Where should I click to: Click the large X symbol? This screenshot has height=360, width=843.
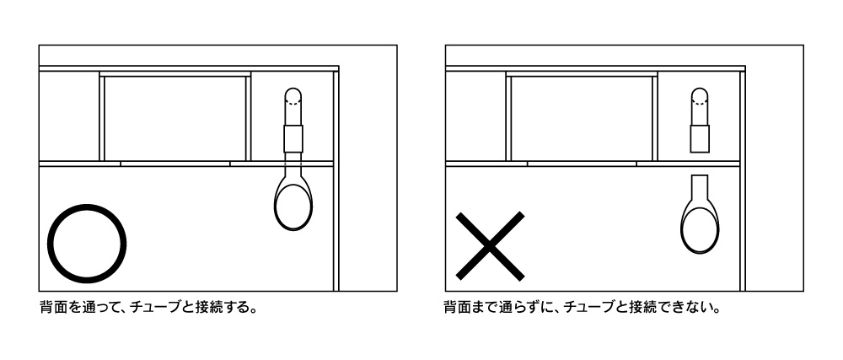pyautogui.click(x=490, y=246)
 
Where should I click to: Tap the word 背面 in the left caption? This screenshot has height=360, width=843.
pyautogui.click(x=52, y=309)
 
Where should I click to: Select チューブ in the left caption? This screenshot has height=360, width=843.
pyautogui.click(x=156, y=309)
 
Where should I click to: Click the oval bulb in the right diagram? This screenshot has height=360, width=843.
pyautogui.click(x=700, y=226)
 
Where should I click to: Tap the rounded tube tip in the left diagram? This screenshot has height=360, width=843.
pyautogui.click(x=293, y=95)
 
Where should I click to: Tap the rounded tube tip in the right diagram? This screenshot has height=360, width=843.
pyautogui.click(x=700, y=95)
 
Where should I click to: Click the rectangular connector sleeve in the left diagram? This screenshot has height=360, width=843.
pyautogui.click(x=293, y=138)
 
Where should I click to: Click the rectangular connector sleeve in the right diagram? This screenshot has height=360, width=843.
pyautogui.click(x=700, y=138)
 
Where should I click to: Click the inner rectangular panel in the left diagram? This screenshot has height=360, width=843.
pyautogui.click(x=175, y=118)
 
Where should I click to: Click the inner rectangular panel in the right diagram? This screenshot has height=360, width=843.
pyautogui.click(x=582, y=118)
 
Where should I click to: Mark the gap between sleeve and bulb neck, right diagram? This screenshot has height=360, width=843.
pyautogui.click(x=700, y=164)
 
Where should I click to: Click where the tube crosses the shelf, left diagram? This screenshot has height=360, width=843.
pyautogui.click(x=293, y=164)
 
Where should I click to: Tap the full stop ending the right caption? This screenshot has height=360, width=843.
pyautogui.click(x=717, y=313)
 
